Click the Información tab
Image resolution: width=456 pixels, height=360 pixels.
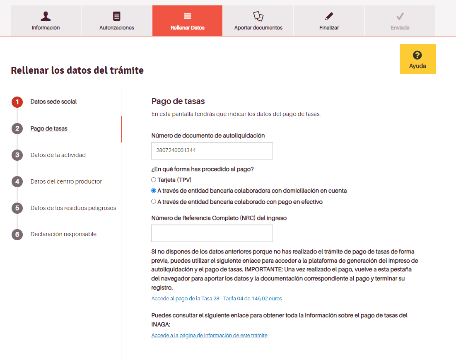pyautogui.click(x=46, y=21)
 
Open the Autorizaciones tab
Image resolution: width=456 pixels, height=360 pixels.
pyautogui.click(x=116, y=21)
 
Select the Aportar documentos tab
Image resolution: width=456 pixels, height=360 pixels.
pyautogui.click(x=258, y=21)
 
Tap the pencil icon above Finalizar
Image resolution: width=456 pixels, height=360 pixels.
pyautogui.click(x=329, y=16)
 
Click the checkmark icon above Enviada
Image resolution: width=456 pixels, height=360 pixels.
pyautogui.click(x=400, y=16)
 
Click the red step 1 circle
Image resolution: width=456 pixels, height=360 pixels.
pyautogui.click(x=17, y=102)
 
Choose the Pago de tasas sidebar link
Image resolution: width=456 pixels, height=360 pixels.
pyautogui.click(x=49, y=128)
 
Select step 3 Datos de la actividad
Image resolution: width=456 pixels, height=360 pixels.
pyautogui.click(x=58, y=155)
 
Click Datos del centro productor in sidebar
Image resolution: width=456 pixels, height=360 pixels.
pyautogui.click(x=66, y=181)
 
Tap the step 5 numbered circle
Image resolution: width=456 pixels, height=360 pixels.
pyautogui.click(x=17, y=208)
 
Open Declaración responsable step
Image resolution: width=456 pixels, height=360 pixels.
pyautogui.click(x=63, y=234)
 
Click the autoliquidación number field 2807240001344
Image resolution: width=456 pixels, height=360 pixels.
pyautogui.click(x=212, y=151)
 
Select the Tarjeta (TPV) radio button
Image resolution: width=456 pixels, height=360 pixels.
pyautogui.click(x=154, y=180)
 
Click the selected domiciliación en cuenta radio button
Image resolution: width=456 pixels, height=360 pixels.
pyautogui.click(x=154, y=191)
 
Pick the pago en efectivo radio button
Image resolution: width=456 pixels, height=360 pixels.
pyautogui.click(x=154, y=202)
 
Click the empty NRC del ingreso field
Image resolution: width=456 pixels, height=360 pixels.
pyautogui.click(x=212, y=233)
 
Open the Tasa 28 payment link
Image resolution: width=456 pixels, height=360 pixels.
pyautogui.click(x=217, y=298)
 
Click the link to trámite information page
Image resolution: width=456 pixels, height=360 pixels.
pyautogui.click(x=209, y=336)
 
